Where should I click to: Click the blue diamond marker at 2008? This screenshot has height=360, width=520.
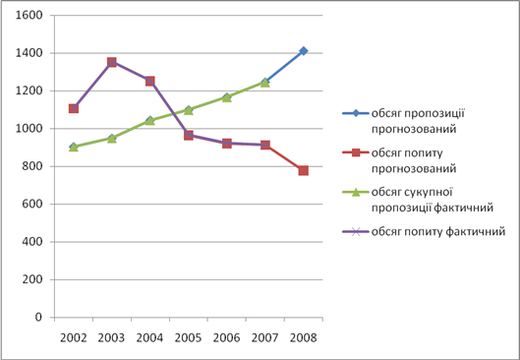[303, 51]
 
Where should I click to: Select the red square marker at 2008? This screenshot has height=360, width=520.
[303, 170]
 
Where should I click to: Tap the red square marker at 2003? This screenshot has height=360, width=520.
[112, 62]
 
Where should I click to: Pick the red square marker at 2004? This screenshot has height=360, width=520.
[149, 81]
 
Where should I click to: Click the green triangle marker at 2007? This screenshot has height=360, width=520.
[264, 83]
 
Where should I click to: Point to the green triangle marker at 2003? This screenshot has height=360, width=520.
[112, 138]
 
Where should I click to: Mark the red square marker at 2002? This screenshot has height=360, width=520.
[74, 108]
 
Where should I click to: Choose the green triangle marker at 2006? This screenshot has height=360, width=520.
[226, 97]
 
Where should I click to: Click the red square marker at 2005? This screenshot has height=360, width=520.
[189, 135]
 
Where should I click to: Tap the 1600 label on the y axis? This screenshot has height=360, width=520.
[29, 16]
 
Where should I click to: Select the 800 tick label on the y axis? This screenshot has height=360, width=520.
[32, 166]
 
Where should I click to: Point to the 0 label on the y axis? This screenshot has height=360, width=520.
[39, 317]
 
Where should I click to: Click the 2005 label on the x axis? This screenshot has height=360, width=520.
[188, 338]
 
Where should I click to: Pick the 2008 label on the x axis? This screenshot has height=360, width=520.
[303, 338]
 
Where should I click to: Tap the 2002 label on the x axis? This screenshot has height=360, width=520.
[74, 338]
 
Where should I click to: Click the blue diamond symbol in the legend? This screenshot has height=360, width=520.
[356, 113]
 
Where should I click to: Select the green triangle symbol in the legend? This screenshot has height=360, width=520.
[356, 192]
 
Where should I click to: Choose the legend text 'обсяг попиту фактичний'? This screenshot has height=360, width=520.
[438, 231]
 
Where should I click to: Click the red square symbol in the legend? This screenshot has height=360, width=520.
[356, 152]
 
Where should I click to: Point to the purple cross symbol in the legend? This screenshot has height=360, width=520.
[356, 231]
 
